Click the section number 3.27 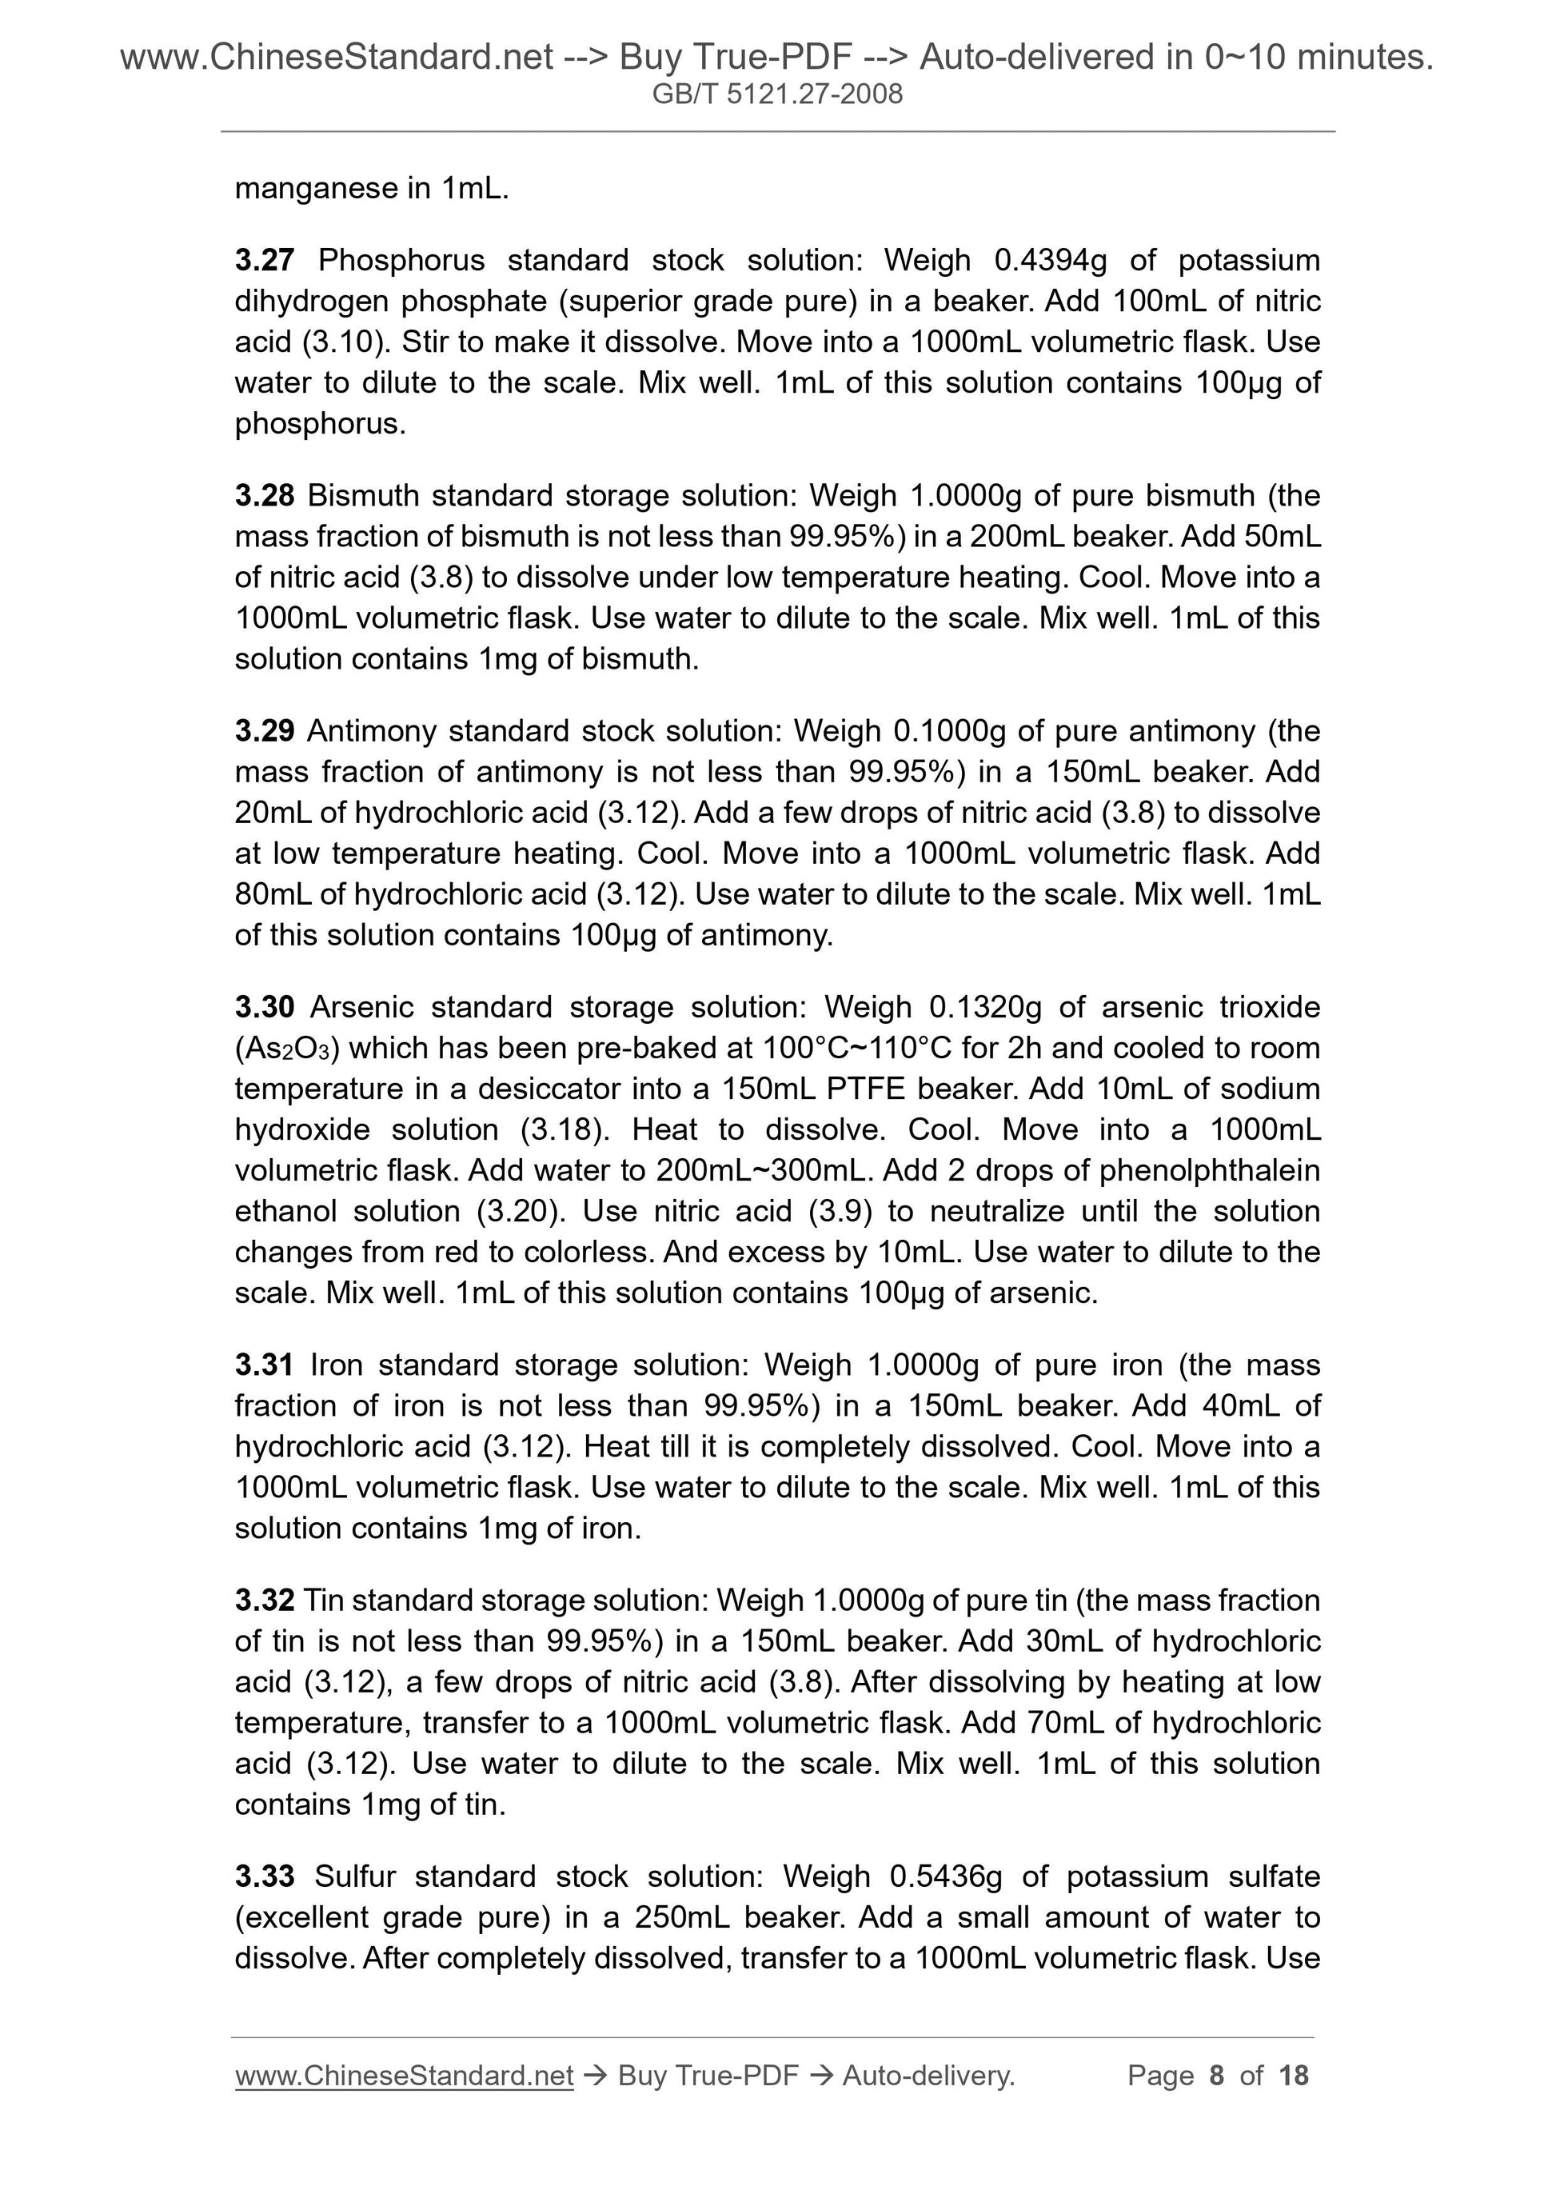[x=264, y=260]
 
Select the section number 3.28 [x=264, y=496]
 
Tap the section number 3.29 [x=264, y=732]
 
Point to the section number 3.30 [x=264, y=1007]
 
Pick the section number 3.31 [x=264, y=1365]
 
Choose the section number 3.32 [x=264, y=1601]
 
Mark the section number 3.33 [x=264, y=1876]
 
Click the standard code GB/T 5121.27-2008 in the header [x=777, y=94]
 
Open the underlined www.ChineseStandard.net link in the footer [x=404, y=2076]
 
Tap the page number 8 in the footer [x=1217, y=2076]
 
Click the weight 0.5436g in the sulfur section [x=945, y=1876]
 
